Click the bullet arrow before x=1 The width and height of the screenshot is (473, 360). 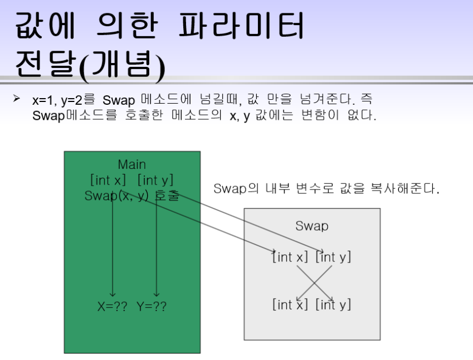[17, 99]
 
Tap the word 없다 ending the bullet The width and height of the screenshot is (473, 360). [362, 116]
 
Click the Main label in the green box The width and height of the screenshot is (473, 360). [132, 164]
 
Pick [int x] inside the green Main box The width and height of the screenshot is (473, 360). [108, 180]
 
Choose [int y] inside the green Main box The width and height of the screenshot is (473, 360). [155, 180]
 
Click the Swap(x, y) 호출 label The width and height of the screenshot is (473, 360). [132, 196]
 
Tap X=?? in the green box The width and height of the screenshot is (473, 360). [113, 306]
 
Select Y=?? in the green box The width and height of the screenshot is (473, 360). [152, 306]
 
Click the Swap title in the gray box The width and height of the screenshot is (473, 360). [311, 226]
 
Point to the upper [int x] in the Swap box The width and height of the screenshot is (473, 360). [290, 257]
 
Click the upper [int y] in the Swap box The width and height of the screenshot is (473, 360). [333, 257]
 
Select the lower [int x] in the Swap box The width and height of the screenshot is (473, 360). [290, 304]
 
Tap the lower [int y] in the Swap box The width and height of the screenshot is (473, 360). [333, 304]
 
